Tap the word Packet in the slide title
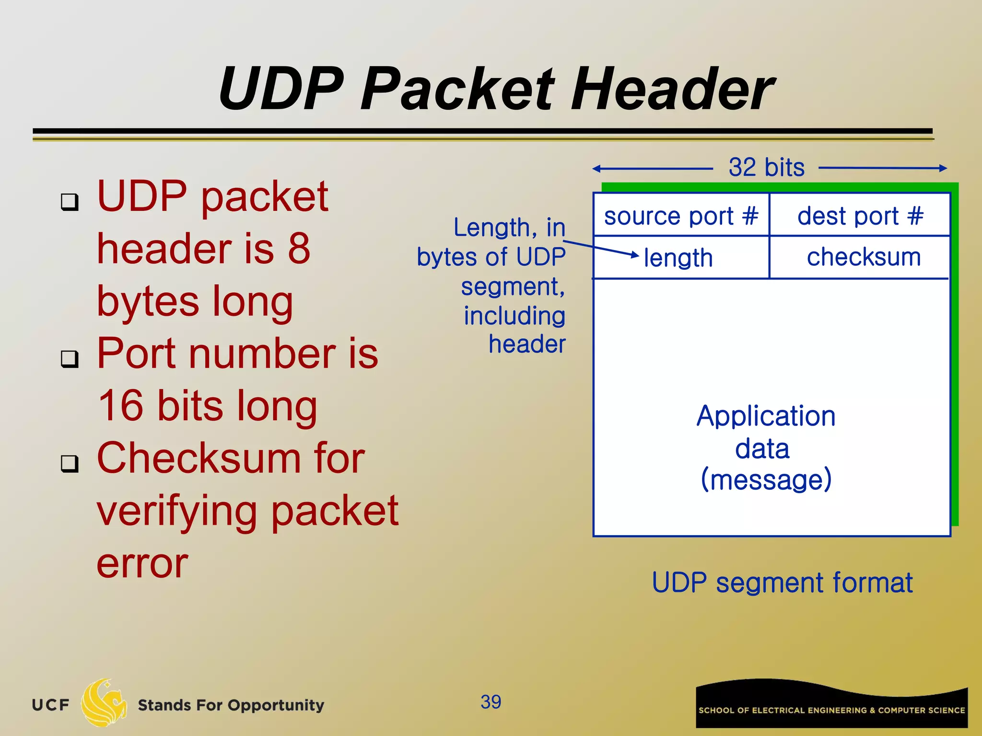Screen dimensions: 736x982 pyautogui.click(x=457, y=89)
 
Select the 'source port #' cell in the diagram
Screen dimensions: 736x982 pyautogui.click(x=681, y=216)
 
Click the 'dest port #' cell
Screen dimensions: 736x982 pyautogui.click(x=860, y=216)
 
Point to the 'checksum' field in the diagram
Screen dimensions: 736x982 pyautogui.click(x=864, y=257)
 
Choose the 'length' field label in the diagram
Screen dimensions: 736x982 pyautogui.click(x=678, y=258)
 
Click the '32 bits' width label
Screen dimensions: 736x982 pyautogui.click(x=766, y=168)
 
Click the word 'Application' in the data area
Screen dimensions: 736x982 pyautogui.click(x=766, y=416)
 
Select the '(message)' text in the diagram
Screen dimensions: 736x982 pyautogui.click(x=766, y=479)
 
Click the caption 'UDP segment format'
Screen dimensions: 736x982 pyautogui.click(x=782, y=583)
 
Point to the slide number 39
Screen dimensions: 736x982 pyautogui.click(x=491, y=702)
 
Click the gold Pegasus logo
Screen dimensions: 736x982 pyautogui.click(x=104, y=702)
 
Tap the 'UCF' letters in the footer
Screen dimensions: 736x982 pyautogui.click(x=50, y=705)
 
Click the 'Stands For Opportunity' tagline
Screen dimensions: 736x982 pyautogui.click(x=231, y=705)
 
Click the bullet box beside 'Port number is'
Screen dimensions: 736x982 pyautogui.click(x=70, y=358)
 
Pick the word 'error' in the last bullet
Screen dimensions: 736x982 pyautogui.click(x=142, y=564)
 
